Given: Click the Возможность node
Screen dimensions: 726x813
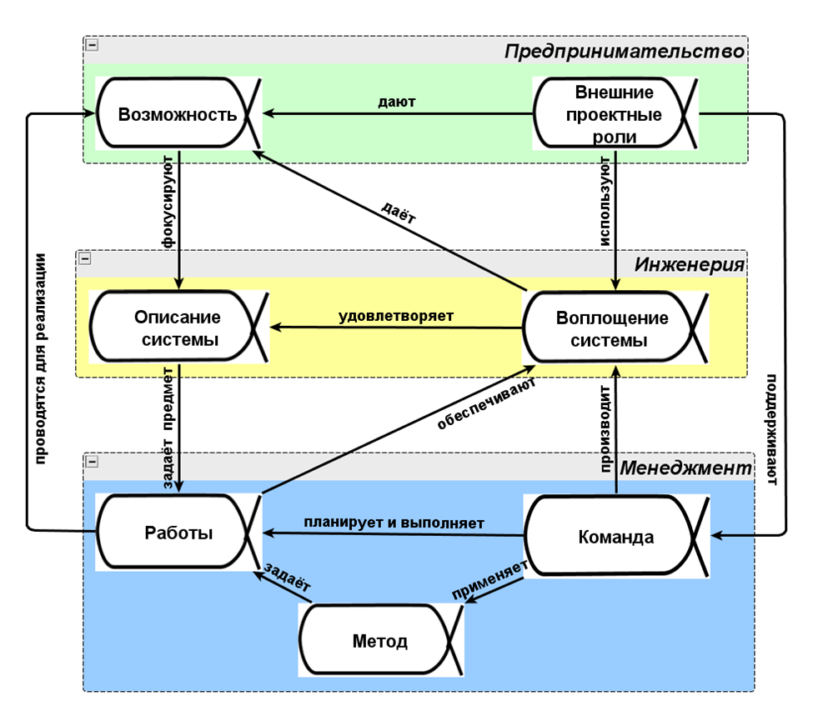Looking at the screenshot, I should tap(178, 114).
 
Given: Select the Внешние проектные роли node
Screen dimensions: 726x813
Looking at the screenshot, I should tap(614, 114).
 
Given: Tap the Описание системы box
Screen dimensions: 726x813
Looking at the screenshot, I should tap(178, 328).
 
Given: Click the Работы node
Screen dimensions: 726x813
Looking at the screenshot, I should tap(178, 533).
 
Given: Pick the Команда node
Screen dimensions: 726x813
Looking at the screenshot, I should tap(615, 537).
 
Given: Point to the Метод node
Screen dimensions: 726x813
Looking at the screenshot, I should tap(380, 641).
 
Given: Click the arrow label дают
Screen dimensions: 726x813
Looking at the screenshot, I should tap(397, 102).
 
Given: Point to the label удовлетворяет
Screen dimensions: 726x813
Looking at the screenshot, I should tap(396, 317).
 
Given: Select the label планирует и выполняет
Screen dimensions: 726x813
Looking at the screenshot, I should tap(394, 523).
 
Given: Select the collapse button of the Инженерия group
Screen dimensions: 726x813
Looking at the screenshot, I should tap(84, 259).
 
